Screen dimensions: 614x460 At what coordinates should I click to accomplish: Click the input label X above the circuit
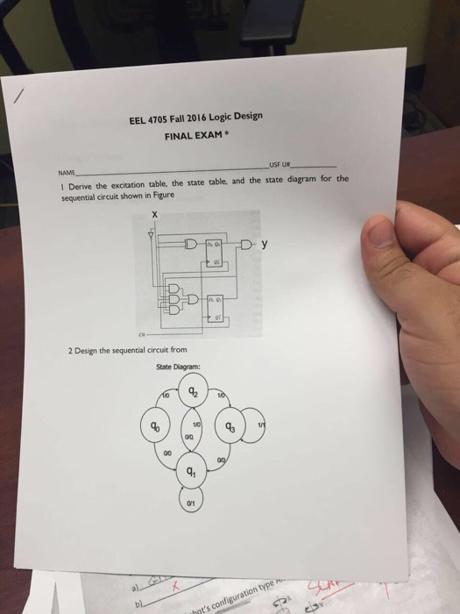coord(156,214)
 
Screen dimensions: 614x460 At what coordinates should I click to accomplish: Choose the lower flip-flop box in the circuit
coord(214,305)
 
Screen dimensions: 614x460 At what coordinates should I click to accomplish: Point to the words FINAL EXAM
coord(195,136)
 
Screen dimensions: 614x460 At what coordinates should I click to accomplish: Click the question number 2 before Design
coord(69,350)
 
